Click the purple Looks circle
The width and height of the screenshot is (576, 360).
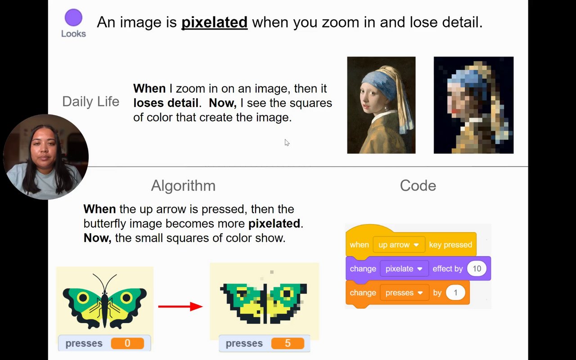tap(73, 18)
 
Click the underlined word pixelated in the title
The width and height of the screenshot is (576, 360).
tap(215, 22)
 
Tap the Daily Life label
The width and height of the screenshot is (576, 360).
tap(91, 101)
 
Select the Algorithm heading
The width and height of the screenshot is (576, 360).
tap(183, 186)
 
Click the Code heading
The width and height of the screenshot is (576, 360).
tap(418, 186)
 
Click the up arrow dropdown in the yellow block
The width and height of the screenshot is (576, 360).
tap(399, 244)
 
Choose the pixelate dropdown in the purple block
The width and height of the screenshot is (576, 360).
tap(404, 269)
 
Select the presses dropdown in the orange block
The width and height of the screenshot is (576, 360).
tap(405, 292)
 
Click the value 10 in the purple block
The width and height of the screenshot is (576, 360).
tap(477, 269)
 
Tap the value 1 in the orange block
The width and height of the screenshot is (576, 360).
tap(455, 292)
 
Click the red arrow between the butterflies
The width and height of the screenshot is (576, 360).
tap(180, 306)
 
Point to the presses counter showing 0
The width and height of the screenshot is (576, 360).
tap(104, 343)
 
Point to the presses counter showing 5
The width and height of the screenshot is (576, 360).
tap(264, 343)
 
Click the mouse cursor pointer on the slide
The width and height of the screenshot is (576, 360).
tap(287, 143)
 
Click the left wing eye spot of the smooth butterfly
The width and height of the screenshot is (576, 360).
tap(83, 298)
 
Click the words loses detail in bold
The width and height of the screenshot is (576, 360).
tap(166, 103)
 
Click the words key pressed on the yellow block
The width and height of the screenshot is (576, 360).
tap(450, 244)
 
